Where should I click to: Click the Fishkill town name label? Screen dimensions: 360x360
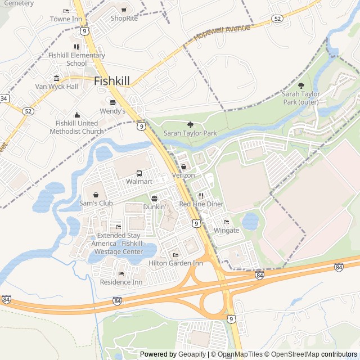pyautogui.click(x=112, y=81)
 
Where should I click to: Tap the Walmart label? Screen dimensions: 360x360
pyautogui.click(x=139, y=182)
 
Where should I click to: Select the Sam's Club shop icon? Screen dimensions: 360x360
pyautogui.click(x=96, y=195)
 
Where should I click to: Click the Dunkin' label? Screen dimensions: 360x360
pyautogui.click(x=154, y=207)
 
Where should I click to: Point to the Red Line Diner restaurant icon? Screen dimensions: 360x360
pyautogui.click(x=201, y=196)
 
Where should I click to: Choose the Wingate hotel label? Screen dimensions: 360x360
pyautogui.click(x=226, y=231)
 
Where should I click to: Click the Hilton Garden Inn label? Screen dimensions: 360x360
pyautogui.click(x=175, y=263)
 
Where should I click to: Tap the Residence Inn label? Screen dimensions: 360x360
pyautogui.click(x=121, y=282)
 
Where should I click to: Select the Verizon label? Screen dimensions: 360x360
pyautogui.click(x=183, y=175)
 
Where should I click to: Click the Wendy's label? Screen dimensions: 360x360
pyautogui.click(x=112, y=111)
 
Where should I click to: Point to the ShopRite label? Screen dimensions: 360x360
pyautogui.click(x=124, y=19)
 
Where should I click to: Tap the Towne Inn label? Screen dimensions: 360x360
pyautogui.click(x=66, y=19)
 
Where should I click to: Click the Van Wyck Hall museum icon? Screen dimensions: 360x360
pyautogui.click(x=56, y=78)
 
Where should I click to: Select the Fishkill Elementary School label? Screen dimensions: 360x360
pyautogui.click(x=76, y=59)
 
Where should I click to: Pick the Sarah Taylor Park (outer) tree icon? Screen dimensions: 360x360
pyautogui.click(x=301, y=86)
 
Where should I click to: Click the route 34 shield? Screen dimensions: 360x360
pyautogui.click(x=4, y=98)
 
